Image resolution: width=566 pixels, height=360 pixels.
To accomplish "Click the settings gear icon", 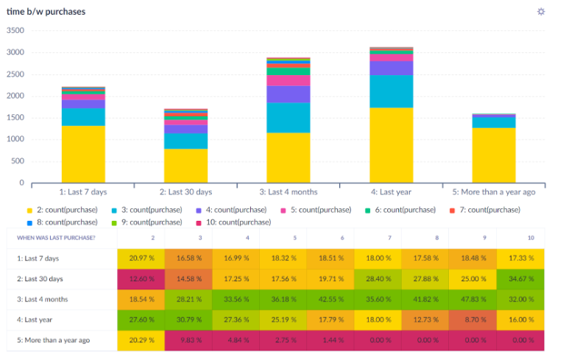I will [x=541, y=12].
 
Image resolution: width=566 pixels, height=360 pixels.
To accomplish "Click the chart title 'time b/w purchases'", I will [x=46, y=12].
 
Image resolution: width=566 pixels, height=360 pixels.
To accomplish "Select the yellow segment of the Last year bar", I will [x=392, y=144].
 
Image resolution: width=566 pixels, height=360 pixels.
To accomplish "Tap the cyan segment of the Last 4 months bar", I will [x=289, y=117].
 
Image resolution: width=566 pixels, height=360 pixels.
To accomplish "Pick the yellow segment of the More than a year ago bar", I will [x=495, y=155].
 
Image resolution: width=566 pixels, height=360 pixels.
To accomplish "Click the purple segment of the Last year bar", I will [x=392, y=68].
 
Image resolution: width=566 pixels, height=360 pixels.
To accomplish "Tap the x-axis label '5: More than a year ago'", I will [x=495, y=192].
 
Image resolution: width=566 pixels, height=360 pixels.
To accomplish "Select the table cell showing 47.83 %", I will [x=473, y=300].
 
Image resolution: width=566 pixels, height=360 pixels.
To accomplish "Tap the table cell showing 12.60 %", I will [x=141, y=279].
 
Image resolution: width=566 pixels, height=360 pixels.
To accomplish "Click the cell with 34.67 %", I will [x=520, y=279].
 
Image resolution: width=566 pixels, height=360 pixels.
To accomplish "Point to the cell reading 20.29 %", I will [x=141, y=341].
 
